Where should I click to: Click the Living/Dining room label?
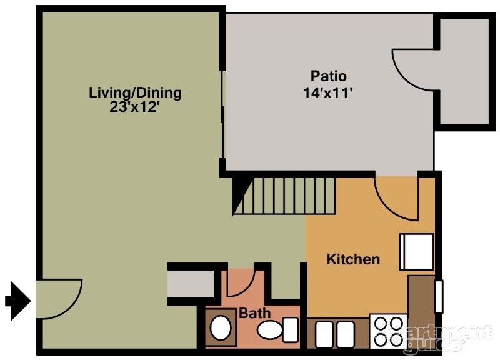point(135,93)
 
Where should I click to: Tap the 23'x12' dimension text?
point(135,106)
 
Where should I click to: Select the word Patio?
point(328,76)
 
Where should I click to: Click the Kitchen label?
point(353,259)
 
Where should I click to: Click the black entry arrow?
point(17,301)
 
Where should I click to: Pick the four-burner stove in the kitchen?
point(388,331)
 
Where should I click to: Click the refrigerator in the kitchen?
point(417,251)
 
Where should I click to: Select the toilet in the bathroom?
point(280,328)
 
